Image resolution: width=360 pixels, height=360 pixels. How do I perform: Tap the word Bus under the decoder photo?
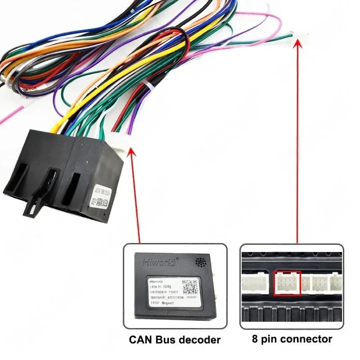[164, 339]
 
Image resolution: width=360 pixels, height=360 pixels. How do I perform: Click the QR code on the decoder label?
[190, 287]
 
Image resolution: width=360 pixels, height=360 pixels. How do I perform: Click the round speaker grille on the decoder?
[201, 261]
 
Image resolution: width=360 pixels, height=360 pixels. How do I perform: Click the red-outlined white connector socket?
[287, 283]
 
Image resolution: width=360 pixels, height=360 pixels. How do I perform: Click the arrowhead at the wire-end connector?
[297, 43]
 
